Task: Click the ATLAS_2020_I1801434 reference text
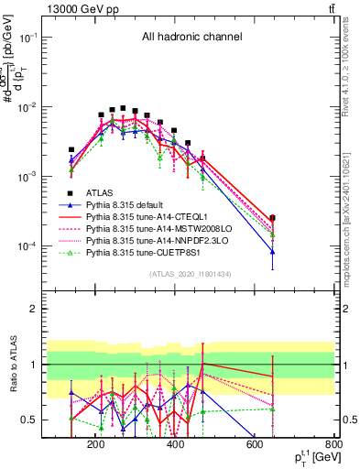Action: [x=191, y=274]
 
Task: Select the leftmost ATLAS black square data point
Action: [x=71, y=149]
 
